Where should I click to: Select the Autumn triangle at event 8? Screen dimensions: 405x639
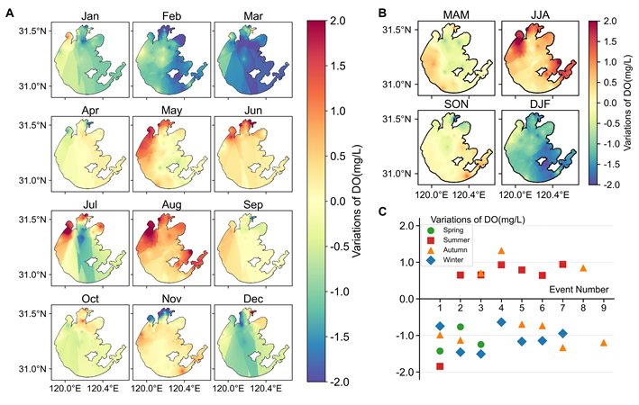(583, 268)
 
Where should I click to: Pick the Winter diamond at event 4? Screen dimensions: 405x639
(501, 322)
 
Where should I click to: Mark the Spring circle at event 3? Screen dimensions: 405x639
(481, 345)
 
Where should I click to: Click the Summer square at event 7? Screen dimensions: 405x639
(562, 265)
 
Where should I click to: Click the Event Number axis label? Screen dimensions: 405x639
(580, 289)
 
